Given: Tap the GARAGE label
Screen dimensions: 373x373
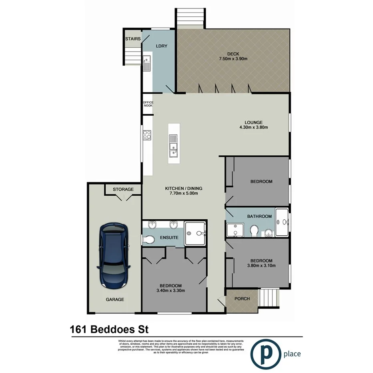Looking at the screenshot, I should point(115,299).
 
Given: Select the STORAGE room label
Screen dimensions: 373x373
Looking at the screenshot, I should point(123,189).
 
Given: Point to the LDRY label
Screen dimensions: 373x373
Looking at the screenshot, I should point(161,46).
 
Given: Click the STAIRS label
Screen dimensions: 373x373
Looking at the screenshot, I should point(132,39).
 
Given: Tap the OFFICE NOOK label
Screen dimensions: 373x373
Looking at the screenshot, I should point(148,104).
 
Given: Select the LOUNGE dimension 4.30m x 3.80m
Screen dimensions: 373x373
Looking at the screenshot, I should point(253,128).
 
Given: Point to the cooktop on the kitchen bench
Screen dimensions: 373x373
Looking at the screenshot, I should point(147,135).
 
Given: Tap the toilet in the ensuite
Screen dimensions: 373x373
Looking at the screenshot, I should point(148,239).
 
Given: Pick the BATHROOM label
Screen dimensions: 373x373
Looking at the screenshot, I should point(259,217).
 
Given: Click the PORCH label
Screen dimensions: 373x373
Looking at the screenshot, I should point(242,299).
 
